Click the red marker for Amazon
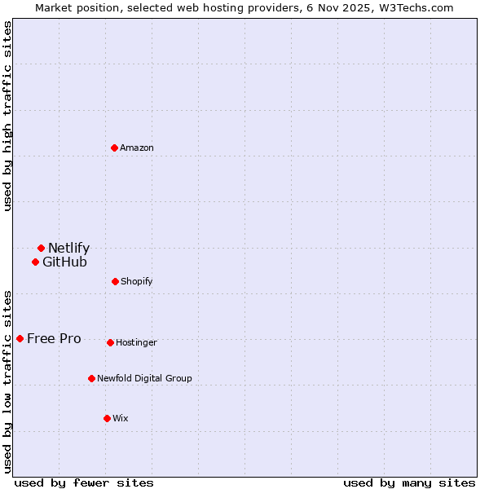tap(114, 148)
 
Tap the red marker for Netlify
tap(41, 248)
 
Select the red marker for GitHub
tap(35, 262)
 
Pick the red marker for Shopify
tap(115, 281)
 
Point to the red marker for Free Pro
tap(20, 338)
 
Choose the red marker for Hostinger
tap(110, 342)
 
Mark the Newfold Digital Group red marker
tap(91, 378)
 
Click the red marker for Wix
tap(107, 418)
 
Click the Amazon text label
tap(137, 148)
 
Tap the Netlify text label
tap(68, 248)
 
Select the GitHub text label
tap(64, 262)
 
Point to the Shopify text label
tap(136, 281)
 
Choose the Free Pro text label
tap(54, 338)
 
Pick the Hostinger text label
tap(136, 342)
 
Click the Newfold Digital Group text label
tap(144, 378)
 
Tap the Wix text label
tap(121, 418)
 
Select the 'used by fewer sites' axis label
tap(84, 482)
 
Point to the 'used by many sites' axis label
tap(409, 482)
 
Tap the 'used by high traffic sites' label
tap(7, 116)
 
